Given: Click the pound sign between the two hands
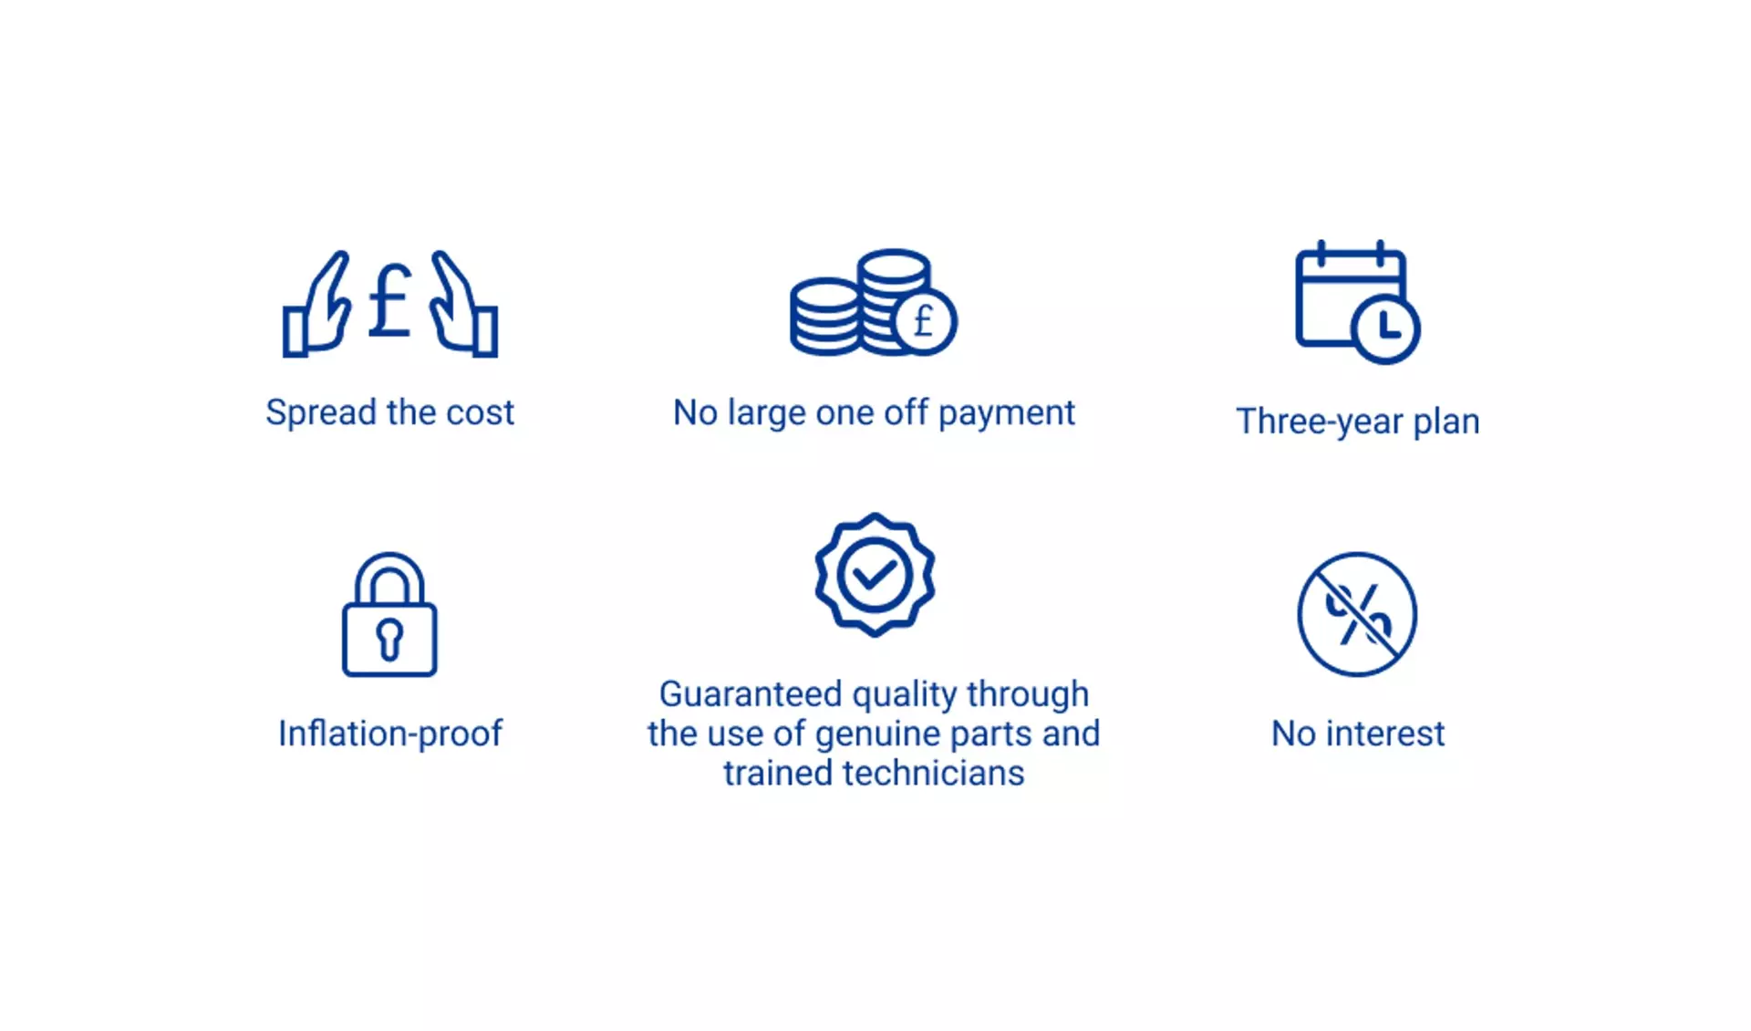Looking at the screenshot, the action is tap(389, 301).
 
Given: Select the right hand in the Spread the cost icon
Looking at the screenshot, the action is tap(464, 306).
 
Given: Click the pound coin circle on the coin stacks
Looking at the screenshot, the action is tap(925, 321).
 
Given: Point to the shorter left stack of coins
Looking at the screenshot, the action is tap(824, 317).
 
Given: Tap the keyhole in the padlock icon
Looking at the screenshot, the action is tap(389, 639).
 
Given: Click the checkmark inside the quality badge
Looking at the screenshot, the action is tap(874, 575).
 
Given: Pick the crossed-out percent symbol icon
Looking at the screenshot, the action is tap(1357, 614).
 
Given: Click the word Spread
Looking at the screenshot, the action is tap(321, 413).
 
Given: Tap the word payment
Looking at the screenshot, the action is tap(1007, 413).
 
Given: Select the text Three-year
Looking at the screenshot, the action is tap(1320, 422).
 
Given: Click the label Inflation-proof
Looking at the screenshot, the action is tap(390, 734).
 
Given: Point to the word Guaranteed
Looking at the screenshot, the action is tap(751, 694).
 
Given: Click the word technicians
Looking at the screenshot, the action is tap(934, 773).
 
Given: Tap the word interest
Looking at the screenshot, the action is tap(1385, 734).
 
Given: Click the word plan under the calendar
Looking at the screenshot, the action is tap(1446, 422).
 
